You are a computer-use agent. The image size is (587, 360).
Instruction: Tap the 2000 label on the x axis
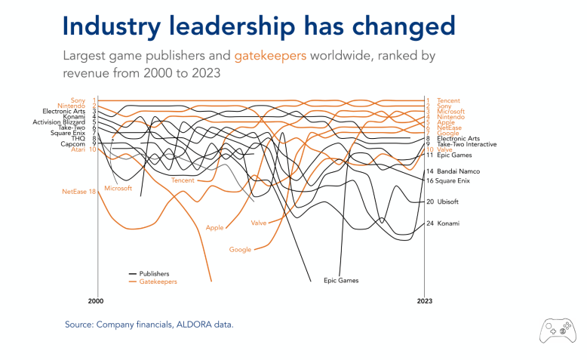point(95,301)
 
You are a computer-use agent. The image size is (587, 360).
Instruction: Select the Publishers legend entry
point(154,273)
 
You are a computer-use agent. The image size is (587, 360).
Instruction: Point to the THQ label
point(78,138)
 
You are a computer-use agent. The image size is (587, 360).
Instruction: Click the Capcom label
point(73,143)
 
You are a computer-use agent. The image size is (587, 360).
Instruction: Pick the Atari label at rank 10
point(78,149)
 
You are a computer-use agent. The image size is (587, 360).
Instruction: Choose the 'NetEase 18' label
point(78,192)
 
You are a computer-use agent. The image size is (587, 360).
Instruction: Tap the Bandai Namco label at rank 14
point(458,172)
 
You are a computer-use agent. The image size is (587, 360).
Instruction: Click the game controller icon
point(555,330)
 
